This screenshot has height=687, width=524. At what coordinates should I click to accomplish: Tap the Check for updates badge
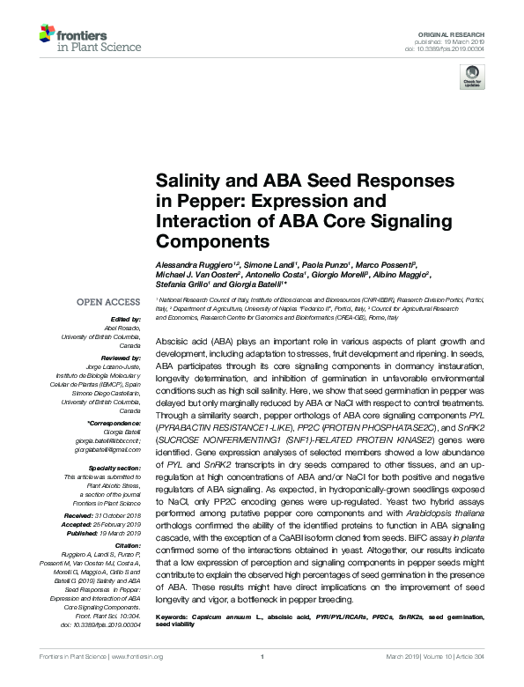(473, 78)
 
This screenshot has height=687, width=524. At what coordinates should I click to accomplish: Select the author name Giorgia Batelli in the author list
(255, 284)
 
